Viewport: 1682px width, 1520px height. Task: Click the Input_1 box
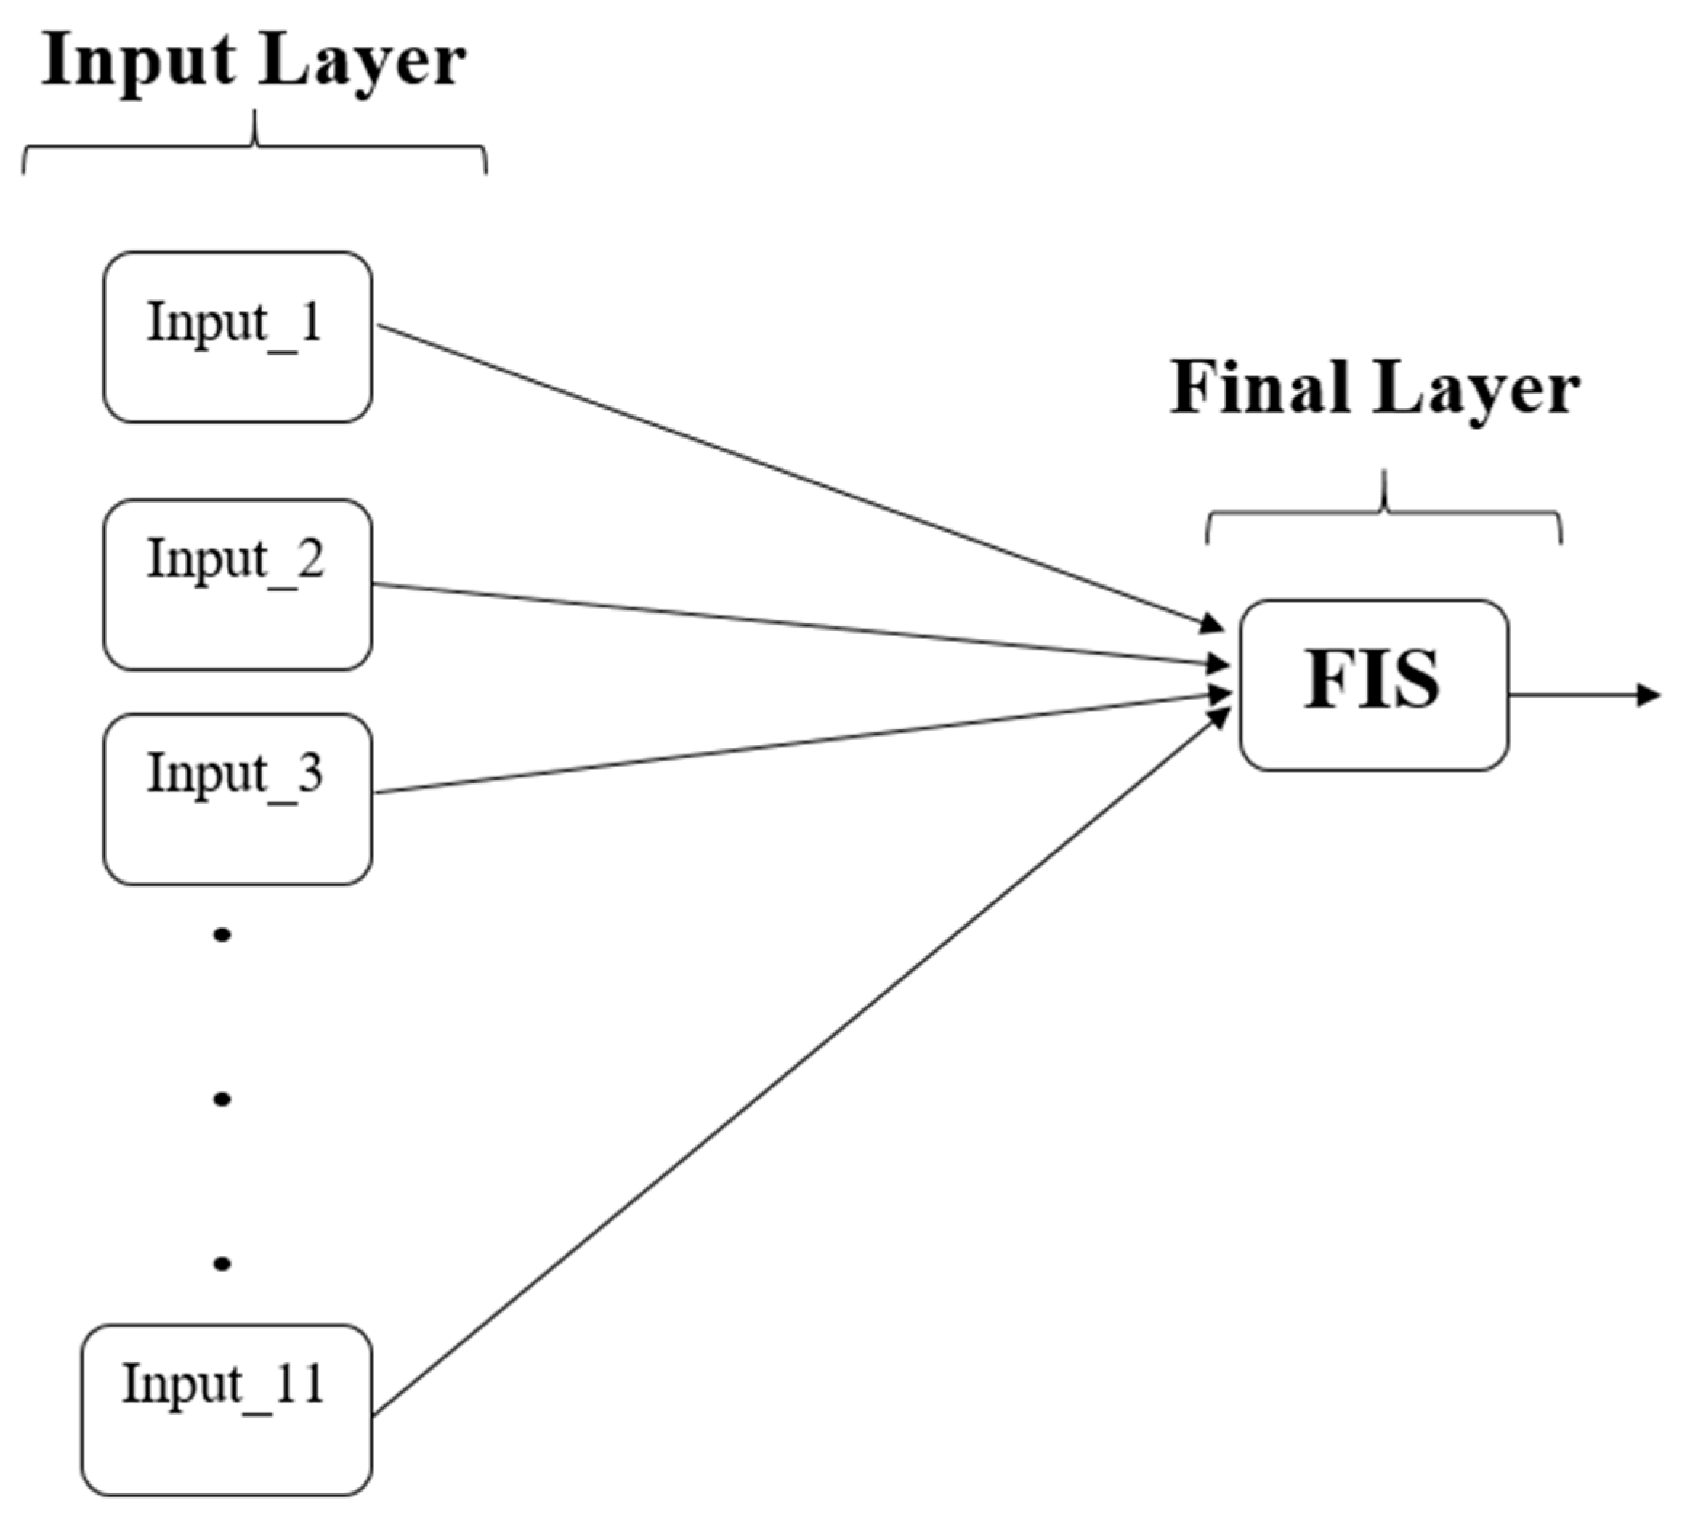click(238, 337)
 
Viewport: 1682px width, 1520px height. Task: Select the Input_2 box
click(238, 585)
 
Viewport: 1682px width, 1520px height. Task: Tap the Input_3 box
click(238, 799)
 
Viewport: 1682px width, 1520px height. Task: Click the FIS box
click(1373, 685)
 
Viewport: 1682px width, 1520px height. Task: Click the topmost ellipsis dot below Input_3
click(222, 935)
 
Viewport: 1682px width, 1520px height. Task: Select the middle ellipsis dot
click(222, 1099)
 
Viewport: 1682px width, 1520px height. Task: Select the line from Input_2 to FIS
click(793, 624)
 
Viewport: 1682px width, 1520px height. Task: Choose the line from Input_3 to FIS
click(793, 743)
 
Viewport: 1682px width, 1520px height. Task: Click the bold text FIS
click(1372, 680)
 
